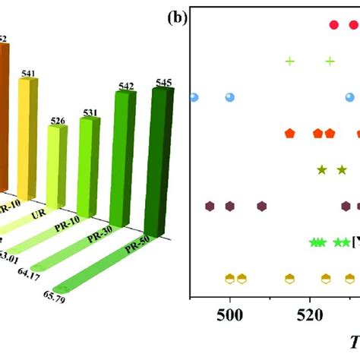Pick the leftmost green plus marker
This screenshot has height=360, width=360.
[289, 61]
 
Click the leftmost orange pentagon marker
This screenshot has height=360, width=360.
[289, 134]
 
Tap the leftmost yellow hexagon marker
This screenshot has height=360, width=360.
[229, 278]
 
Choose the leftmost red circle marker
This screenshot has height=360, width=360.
[333, 25]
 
